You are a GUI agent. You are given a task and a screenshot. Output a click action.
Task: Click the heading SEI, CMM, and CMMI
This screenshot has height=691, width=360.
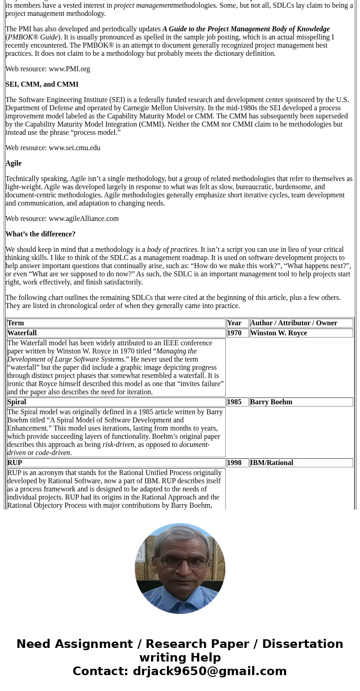[x=42, y=84]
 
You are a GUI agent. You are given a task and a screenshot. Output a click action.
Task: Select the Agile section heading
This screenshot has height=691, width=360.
[x=14, y=163]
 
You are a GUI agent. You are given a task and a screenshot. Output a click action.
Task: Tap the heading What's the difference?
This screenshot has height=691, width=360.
[x=40, y=234]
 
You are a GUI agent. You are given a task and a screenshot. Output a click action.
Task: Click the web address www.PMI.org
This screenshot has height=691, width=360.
[x=69, y=69]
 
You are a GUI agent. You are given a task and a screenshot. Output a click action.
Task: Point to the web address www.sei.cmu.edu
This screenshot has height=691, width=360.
[x=74, y=148]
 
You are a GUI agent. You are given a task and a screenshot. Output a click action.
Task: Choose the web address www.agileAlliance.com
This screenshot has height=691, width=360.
[x=83, y=219]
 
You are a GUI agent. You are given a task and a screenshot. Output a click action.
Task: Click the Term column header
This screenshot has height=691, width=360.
[x=15, y=323]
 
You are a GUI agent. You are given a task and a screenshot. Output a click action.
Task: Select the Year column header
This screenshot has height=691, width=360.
[x=234, y=323]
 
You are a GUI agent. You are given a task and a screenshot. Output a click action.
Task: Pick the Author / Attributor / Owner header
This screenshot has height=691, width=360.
[x=293, y=323]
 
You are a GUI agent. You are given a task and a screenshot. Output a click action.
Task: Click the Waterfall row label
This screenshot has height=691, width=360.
[x=22, y=333]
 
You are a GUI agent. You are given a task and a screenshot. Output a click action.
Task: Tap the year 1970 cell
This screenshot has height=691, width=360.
[x=234, y=333]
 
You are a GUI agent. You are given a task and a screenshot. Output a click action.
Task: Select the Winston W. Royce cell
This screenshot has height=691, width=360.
[x=278, y=333]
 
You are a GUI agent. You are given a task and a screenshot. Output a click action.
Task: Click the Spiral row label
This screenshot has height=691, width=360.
[x=17, y=402]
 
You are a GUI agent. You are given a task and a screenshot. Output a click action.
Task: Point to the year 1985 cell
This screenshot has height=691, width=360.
[x=234, y=402]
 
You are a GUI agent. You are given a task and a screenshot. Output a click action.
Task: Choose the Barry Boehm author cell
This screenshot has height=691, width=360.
[x=271, y=402]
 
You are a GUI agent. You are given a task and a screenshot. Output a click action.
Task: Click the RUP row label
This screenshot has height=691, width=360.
[x=15, y=463]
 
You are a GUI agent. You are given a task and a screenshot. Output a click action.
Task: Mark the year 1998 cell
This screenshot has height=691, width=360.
[x=234, y=463]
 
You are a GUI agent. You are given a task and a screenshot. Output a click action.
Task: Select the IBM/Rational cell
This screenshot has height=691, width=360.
[x=272, y=463]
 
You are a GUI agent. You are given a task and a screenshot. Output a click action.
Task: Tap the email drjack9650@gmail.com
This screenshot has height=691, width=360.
[x=209, y=671]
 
